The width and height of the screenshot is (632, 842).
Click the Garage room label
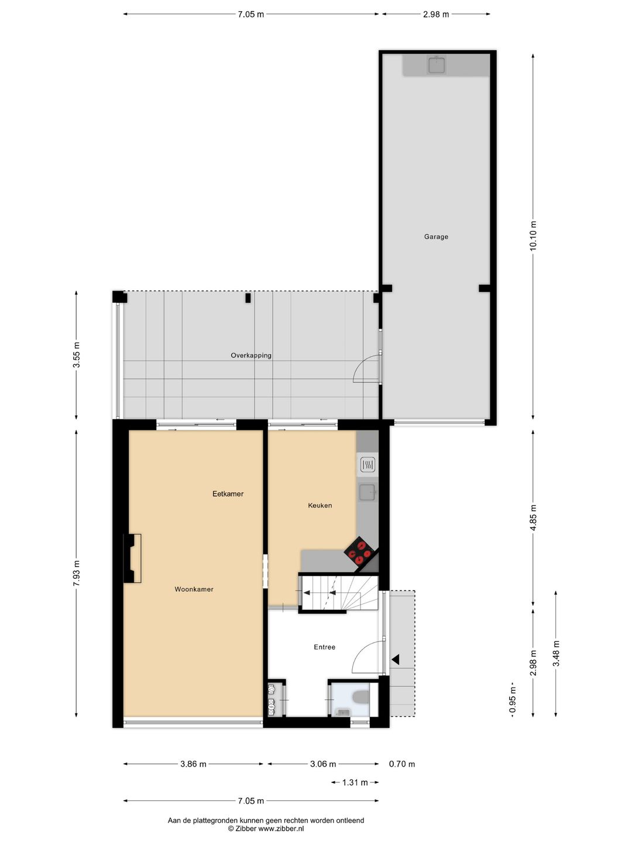[x=436, y=237]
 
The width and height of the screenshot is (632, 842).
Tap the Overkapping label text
[x=251, y=356]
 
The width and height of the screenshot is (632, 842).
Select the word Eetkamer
[x=228, y=494]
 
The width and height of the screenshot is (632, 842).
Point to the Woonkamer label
[x=194, y=589]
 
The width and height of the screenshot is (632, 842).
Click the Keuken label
[x=320, y=506]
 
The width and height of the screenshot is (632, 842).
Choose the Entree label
[x=324, y=647]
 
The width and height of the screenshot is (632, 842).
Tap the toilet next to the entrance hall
[x=360, y=697]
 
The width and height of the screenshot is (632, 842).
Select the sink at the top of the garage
[x=437, y=65]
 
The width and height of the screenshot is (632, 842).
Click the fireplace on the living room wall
[x=133, y=558]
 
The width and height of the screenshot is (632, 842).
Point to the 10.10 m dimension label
[x=533, y=236]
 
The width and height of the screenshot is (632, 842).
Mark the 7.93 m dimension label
[x=77, y=573]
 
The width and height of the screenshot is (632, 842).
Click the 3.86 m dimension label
[x=193, y=764]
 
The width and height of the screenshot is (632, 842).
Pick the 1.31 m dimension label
[x=355, y=782]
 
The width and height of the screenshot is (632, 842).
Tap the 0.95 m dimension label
[x=513, y=700]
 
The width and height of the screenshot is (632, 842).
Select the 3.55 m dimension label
[x=77, y=355]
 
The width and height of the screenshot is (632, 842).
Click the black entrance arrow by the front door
[x=396, y=660]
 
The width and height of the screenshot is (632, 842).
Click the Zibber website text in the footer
[x=281, y=829]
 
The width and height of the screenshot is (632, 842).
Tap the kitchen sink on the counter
[x=367, y=492]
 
